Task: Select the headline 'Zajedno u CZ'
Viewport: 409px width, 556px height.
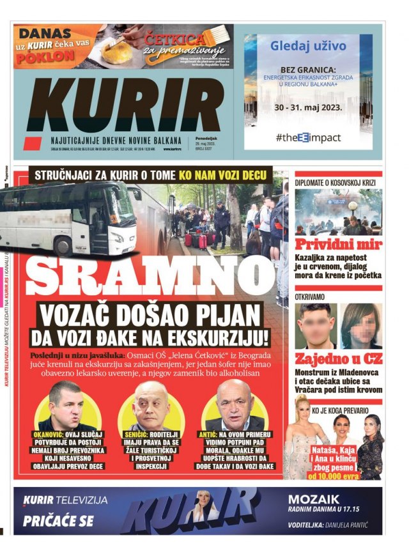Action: coord(338,359)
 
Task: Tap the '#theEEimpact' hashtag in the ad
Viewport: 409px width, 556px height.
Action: coord(308,137)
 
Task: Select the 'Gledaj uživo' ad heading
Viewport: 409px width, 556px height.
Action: coord(308,46)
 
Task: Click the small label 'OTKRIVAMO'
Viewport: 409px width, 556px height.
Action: coord(313,297)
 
